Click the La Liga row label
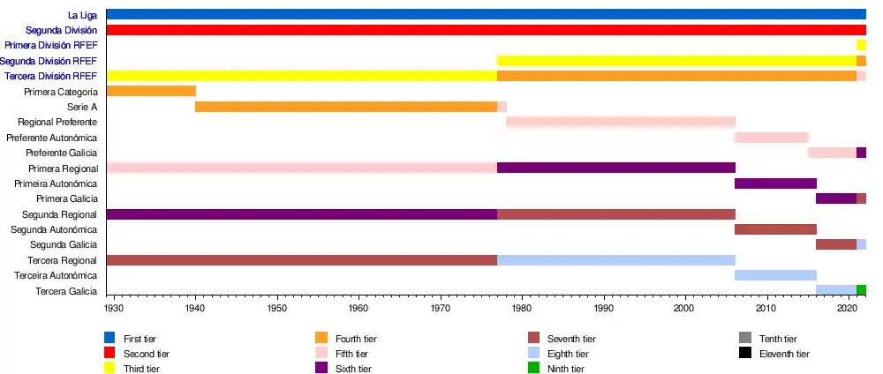82,15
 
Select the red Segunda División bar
486,30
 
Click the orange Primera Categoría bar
151,91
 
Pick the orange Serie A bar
346,107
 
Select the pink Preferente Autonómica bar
772,138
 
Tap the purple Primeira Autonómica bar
775,183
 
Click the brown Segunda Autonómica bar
775,229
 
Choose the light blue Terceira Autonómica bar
775,275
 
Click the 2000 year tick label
685,308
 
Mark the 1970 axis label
441,308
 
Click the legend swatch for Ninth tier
533,369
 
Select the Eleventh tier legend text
784,354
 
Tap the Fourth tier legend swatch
321,338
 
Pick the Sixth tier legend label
353,369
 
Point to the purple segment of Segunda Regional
301,214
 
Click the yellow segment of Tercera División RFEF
301,76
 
